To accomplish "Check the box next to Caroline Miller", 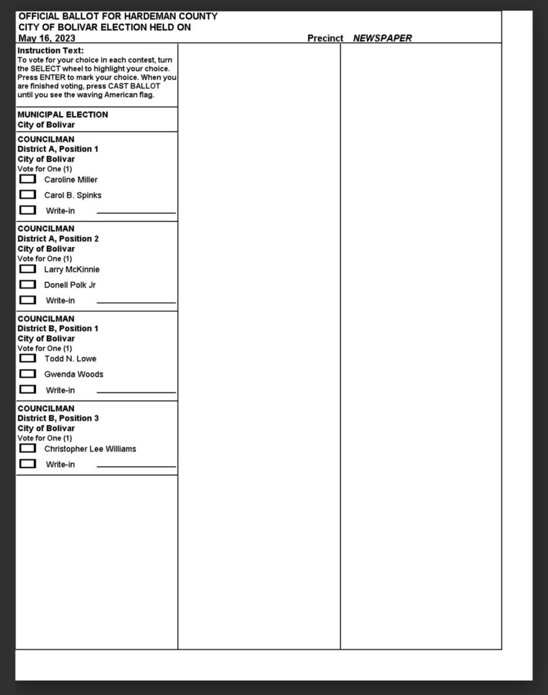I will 28,179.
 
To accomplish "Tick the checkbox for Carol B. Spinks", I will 28,195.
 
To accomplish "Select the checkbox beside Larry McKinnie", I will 28,269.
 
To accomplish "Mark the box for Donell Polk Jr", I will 28,284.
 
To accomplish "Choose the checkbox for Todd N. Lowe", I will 28,358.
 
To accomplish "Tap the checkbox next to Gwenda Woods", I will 28,374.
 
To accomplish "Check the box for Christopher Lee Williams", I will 28,448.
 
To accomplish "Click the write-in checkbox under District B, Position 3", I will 28,464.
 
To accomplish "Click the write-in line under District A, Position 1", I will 136,212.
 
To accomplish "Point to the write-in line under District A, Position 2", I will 136,301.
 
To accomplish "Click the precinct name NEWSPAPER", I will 382,38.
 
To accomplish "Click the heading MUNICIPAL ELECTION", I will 62,115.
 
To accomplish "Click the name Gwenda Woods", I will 74,375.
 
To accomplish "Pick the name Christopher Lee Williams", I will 90,449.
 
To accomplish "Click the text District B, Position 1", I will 58,328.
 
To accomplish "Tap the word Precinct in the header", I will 326,38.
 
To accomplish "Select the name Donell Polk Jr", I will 70,285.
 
